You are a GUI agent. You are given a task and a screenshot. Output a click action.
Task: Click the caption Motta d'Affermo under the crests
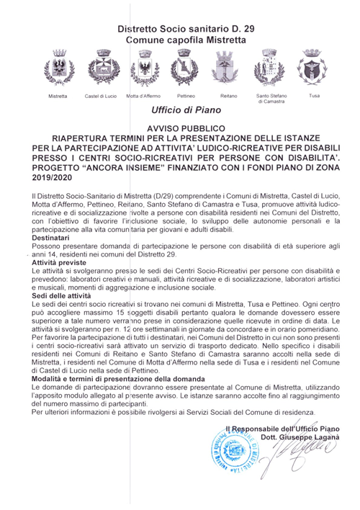coord(143,96)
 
